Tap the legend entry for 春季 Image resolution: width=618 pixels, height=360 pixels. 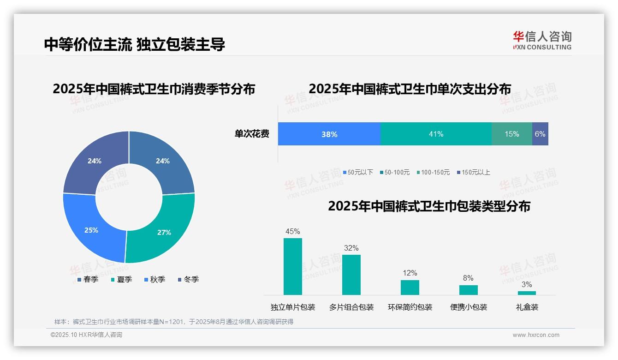tap(88, 279)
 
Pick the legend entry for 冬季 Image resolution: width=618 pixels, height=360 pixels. tap(188, 279)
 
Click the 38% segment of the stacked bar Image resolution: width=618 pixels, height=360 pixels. tap(329, 134)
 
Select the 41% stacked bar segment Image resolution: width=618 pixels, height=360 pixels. tap(436, 134)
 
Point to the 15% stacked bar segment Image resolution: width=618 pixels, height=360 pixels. tap(511, 134)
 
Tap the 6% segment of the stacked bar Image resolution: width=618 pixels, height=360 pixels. tap(540, 134)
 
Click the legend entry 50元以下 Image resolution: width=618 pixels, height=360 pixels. tap(358, 173)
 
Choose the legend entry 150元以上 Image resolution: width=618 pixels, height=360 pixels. tap(473, 173)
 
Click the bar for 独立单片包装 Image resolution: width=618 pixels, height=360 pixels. tap(293, 266)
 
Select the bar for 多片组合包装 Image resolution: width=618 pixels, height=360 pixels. tap(351, 275)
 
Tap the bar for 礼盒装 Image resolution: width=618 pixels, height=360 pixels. tap(527, 293)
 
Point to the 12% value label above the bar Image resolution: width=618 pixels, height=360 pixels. tap(410, 273)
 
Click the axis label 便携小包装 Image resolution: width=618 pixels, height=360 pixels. tap(469, 307)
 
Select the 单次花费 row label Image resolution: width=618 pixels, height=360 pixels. tap(252, 134)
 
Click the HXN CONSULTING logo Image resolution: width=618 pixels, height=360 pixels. tap(542, 41)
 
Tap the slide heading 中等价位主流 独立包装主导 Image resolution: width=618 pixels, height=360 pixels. tap(135, 44)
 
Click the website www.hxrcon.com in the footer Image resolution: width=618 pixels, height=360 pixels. tap(536, 335)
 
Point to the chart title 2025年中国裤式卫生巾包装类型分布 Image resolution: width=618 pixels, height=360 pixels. tap(429, 206)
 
